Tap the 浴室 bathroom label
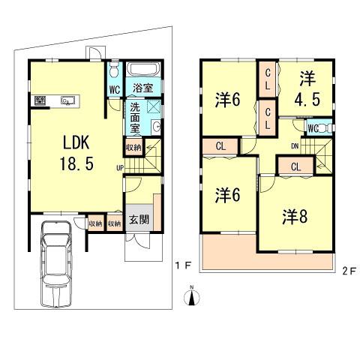[142, 88]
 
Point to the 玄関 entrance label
[138, 220]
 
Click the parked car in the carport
[55, 266]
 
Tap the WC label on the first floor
[115, 89]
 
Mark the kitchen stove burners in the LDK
[40, 100]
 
